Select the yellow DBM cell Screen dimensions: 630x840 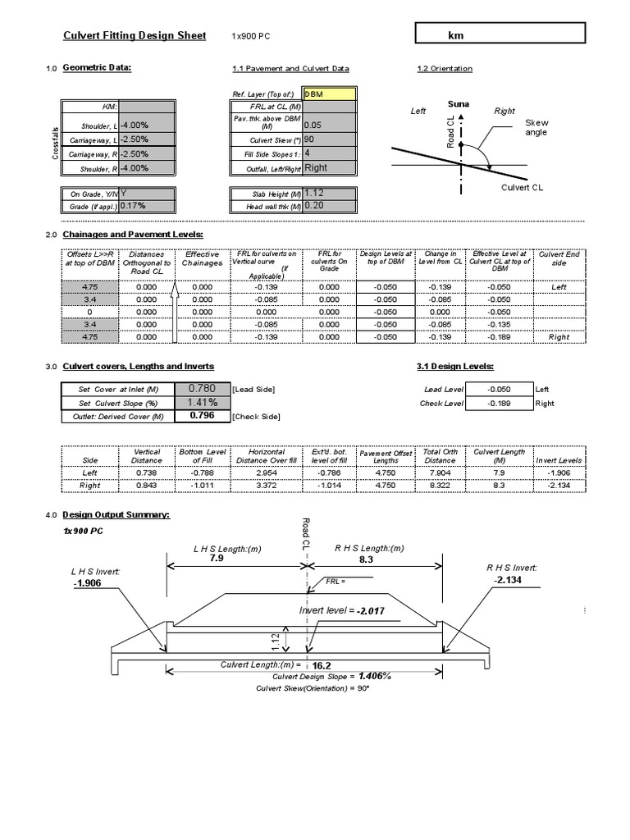[x=330, y=95]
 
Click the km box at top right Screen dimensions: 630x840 [x=500, y=34]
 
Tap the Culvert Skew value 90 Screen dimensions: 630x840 [x=330, y=139]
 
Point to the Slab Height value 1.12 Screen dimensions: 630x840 [x=330, y=193]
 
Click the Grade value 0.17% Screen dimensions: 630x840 [x=146, y=207]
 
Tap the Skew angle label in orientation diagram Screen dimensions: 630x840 [x=536, y=127]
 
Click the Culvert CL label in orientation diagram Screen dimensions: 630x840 [x=523, y=188]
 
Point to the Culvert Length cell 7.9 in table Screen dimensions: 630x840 [x=500, y=472]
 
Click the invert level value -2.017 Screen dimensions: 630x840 [x=371, y=611]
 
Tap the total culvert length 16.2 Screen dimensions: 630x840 [x=333, y=666]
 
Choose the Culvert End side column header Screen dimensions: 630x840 [x=560, y=259]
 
